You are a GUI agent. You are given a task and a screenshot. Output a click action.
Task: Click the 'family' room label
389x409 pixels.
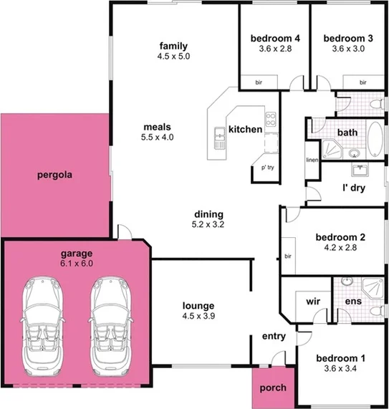(x=173, y=46)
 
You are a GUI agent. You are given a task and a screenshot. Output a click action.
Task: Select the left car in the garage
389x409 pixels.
(x=44, y=326)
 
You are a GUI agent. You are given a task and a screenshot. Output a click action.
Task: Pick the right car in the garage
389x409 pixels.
(x=110, y=326)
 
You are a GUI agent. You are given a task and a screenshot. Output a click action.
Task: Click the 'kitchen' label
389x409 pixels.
(x=245, y=130)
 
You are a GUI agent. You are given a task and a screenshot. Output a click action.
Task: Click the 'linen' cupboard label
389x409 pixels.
(x=312, y=160)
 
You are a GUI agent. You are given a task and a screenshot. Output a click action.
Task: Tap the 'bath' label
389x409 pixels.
(x=347, y=133)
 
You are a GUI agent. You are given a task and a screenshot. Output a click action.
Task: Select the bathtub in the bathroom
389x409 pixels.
(x=376, y=140)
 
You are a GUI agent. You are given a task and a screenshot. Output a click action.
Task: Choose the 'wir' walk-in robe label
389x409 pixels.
(x=312, y=302)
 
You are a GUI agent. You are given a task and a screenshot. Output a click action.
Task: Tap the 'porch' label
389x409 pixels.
(x=272, y=388)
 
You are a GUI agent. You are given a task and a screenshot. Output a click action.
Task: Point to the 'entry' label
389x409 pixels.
(x=274, y=336)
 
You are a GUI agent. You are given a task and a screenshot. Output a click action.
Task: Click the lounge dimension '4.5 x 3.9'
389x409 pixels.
(x=198, y=316)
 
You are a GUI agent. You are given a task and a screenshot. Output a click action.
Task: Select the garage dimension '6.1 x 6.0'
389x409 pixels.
(x=77, y=263)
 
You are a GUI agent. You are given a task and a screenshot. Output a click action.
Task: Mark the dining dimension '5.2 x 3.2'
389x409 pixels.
(x=208, y=224)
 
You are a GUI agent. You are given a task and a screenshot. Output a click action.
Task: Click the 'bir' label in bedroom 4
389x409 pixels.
(x=259, y=83)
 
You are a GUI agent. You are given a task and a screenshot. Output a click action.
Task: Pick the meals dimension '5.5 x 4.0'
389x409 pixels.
(x=158, y=136)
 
